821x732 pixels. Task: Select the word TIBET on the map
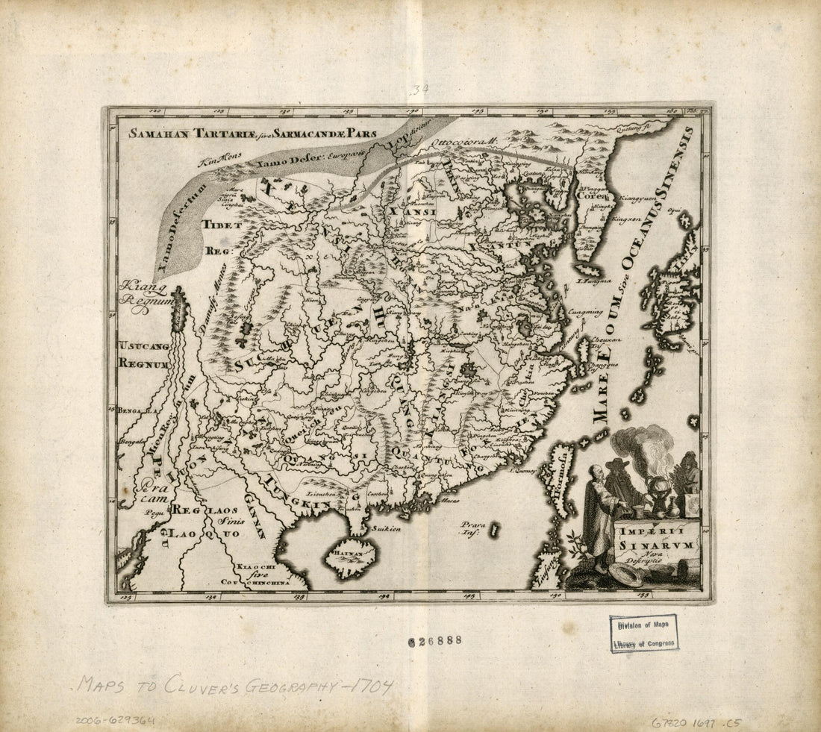221,224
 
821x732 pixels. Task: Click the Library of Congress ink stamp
643,634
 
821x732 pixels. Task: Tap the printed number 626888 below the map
435,640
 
